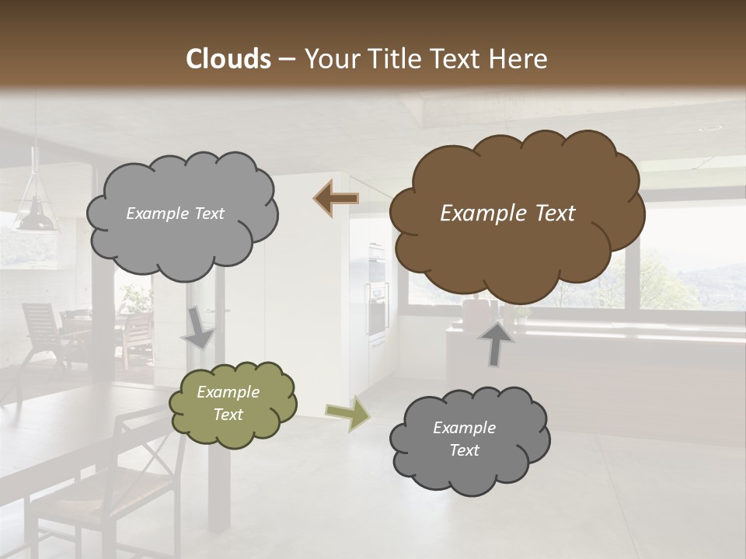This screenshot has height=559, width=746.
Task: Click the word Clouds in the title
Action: coord(228,59)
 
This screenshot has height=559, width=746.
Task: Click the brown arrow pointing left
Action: coord(336,199)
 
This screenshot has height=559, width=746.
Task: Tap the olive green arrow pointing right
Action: coord(348,413)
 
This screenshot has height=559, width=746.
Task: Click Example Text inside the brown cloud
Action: coord(507,214)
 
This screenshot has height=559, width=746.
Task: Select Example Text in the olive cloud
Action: coord(228,404)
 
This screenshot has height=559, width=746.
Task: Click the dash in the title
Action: coord(286,59)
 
